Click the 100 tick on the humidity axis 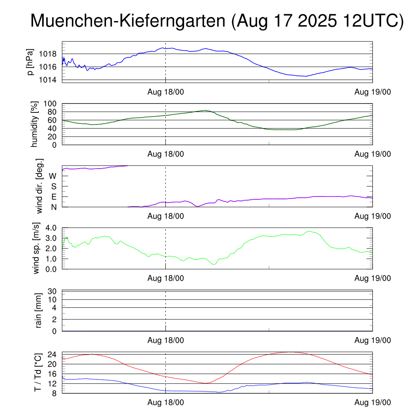click(51, 103)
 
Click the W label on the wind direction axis click(53, 176)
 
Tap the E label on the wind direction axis click(54, 197)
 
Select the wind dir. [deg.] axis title click(39, 186)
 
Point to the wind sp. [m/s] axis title click(37, 248)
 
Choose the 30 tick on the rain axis click(53, 291)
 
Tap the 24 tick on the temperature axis click(53, 354)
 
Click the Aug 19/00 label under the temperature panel click(372, 402)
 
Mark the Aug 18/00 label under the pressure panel click(165, 92)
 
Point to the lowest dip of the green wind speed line click(214, 264)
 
